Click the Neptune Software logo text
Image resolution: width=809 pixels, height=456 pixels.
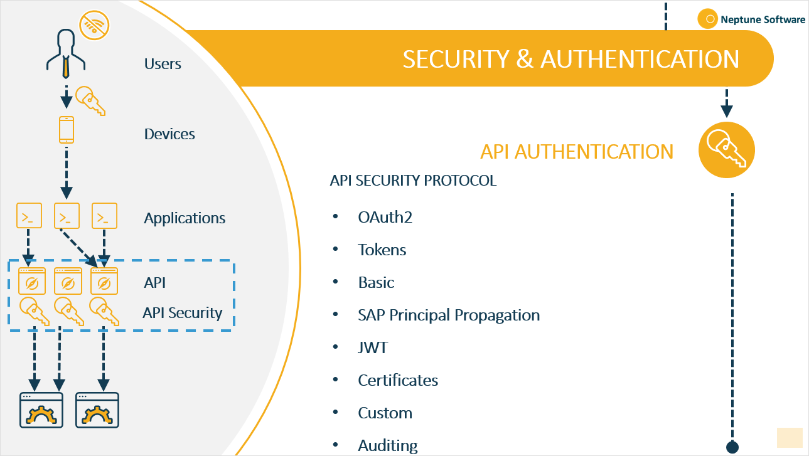(x=763, y=19)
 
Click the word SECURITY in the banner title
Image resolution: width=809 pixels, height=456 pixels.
(x=456, y=59)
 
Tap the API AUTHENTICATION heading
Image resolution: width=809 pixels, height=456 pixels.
(x=576, y=152)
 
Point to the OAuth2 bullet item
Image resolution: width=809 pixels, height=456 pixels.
(x=385, y=217)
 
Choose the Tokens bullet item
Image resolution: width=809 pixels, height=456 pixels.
(x=382, y=250)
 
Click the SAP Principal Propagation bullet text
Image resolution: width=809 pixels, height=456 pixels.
(x=448, y=315)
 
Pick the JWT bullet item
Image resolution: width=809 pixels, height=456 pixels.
(x=372, y=347)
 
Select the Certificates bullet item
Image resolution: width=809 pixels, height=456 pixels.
(x=397, y=380)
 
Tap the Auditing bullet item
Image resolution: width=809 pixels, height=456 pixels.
(x=387, y=445)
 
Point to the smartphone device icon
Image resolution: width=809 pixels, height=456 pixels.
(x=66, y=130)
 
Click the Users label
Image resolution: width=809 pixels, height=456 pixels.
(x=163, y=64)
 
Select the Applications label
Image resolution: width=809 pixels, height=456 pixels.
(x=185, y=218)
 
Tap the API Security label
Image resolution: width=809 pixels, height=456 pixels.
(x=182, y=313)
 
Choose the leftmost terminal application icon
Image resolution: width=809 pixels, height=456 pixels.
(x=29, y=215)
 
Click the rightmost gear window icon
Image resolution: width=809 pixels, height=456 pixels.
(x=97, y=411)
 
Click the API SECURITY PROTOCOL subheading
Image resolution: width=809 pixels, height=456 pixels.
(x=413, y=181)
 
